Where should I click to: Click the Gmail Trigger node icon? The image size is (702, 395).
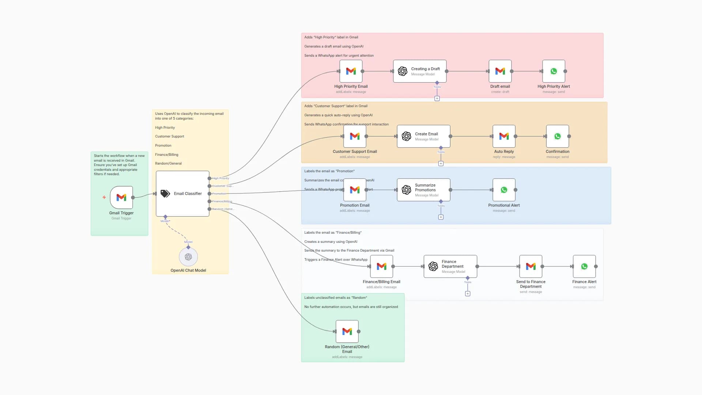coord(121,197)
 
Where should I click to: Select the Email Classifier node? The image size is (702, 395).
coord(182,193)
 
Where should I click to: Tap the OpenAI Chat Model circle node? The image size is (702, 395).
coord(188,257)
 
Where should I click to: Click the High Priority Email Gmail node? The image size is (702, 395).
coord(351,71)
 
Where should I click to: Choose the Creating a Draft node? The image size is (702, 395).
coord(420,71)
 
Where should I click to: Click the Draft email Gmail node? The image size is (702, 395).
coord(500,71)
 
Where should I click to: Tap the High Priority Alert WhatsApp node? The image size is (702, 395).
coord(554,71)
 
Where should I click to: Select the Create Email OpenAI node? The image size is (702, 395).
coord(423,136)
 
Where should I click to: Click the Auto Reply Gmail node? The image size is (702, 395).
coord(504,136)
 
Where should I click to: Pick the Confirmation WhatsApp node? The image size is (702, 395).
coord(557,136)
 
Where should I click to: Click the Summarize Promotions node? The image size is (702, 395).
coord(423,190)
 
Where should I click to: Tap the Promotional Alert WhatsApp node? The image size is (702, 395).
coord(504,190)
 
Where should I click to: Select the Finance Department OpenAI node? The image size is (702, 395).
coord(450,266)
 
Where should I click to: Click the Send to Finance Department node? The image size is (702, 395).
coord(531,266)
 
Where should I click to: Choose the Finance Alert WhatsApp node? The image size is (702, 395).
coord(584,266)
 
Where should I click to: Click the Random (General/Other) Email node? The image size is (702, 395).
coord(347,331)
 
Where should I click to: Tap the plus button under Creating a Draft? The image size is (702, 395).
coord(437,98)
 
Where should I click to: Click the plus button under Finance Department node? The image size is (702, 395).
coord(468,294)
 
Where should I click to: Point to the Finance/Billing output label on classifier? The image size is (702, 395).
coord(222,201)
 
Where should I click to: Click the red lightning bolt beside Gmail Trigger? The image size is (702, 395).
coord(104,197)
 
